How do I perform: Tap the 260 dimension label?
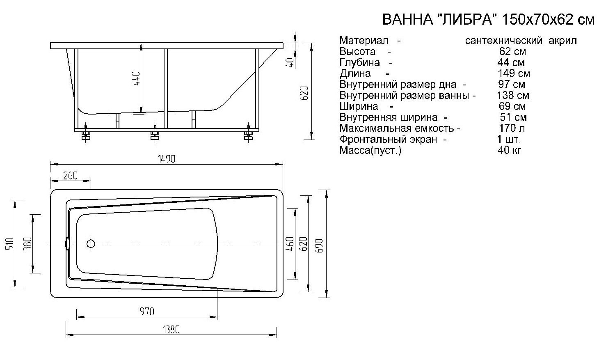(71, 175)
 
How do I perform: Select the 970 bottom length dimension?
(146, 312)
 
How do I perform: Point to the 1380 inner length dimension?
(171, 330)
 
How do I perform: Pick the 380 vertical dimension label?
(28, 243)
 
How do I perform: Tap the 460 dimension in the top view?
(290, 244)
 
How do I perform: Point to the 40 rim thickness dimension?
(290, 62)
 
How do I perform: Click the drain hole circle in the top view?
(91, 244)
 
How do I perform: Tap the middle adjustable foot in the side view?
(155, 135)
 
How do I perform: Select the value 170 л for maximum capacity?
(512, 128)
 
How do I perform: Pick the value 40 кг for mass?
(509, 150)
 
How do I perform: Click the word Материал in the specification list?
(364, 41)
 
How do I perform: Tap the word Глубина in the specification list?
(359, 62)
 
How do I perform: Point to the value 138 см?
(512, 95)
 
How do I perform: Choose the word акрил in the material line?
(563, 41)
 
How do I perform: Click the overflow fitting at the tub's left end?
(68, 244)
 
